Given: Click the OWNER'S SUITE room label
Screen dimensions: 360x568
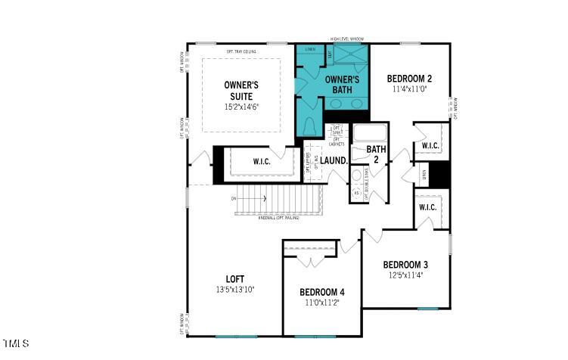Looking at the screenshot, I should tap(241, 90).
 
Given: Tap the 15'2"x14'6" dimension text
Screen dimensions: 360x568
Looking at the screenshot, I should tap(242, 107).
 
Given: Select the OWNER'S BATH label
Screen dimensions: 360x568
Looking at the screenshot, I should tap(342, 84).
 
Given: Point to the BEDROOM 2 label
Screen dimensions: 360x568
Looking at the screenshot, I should tap(409, 79).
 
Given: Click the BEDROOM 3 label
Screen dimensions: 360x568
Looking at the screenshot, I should tap(405, 265).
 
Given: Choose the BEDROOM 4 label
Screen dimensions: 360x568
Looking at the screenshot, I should tap(322, 293).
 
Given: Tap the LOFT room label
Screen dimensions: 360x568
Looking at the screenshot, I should tap(236, 279).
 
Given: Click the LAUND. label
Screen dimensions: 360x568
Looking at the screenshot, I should tap(334, 160).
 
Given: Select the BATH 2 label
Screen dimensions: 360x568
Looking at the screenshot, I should tap(376, 154).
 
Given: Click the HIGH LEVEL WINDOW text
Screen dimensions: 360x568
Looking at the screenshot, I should tap(347, 39).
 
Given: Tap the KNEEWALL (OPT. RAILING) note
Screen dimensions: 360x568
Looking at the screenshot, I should tap(278, 219).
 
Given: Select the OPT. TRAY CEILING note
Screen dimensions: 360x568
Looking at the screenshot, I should tap(242, 51).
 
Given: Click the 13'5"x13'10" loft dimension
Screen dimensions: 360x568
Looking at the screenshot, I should tap(236, 290).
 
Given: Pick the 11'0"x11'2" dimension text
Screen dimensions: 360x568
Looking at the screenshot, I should tap(322, 303).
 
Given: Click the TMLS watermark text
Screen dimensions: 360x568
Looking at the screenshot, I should tap(15, 344).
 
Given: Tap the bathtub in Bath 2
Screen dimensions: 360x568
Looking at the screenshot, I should tap(371, 134).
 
